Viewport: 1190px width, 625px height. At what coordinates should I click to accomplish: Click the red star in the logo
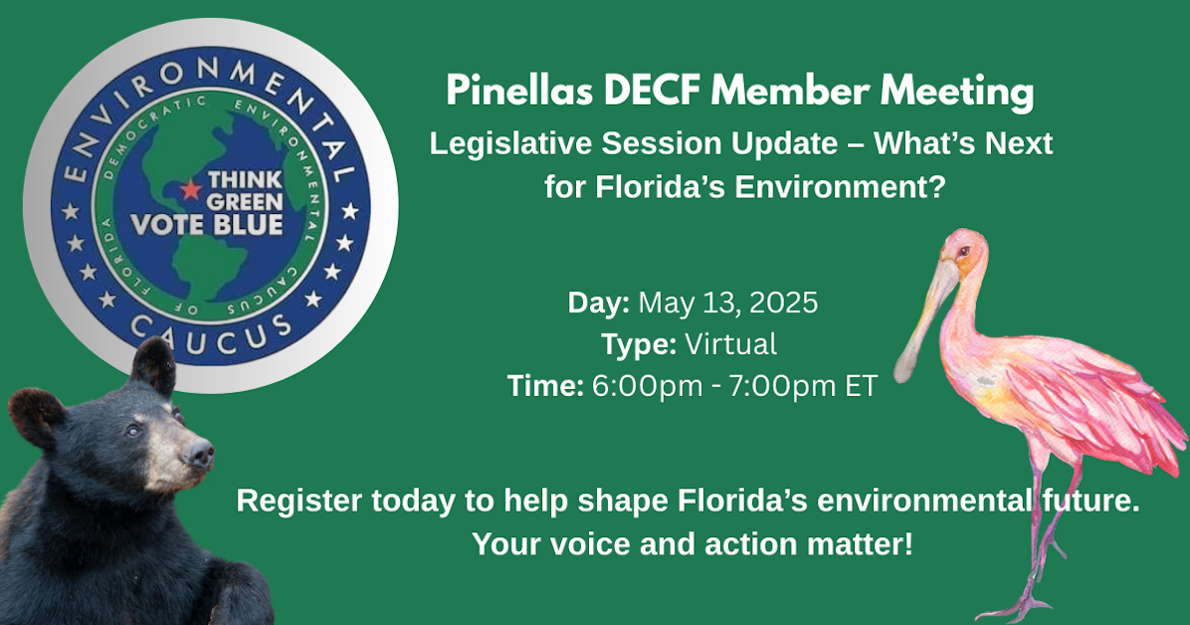tap(190, 188)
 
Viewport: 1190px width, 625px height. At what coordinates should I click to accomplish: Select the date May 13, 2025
tap(728, 303)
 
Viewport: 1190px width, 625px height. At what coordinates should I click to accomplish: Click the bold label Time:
tap(545, 386)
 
